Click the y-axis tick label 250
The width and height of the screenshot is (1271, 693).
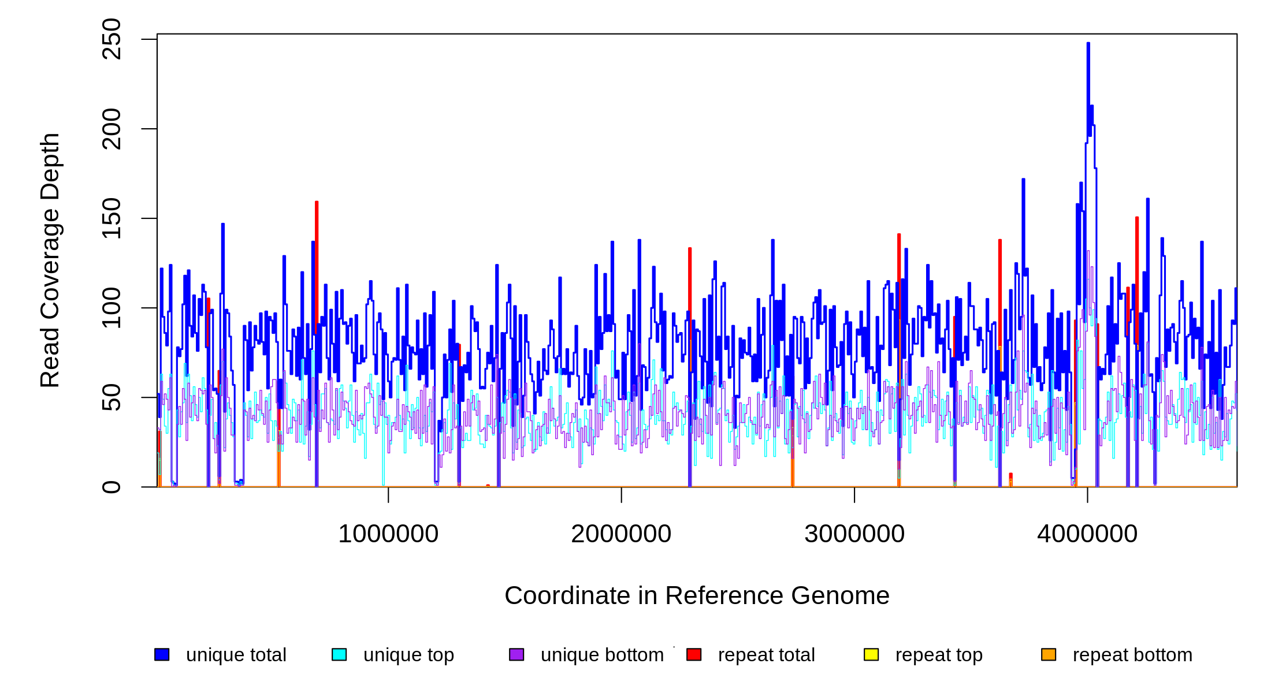[111, 39]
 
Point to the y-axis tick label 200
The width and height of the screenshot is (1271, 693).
[111, 129]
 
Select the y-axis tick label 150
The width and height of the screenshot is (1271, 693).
[111, 218]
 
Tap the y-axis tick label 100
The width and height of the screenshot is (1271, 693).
[111, 308]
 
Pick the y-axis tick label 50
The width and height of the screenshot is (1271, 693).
[111, 397]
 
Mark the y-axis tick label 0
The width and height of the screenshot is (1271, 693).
[111, 487]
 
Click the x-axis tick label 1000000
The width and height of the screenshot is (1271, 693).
[388, 534]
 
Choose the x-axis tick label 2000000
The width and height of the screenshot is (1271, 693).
[621, 534]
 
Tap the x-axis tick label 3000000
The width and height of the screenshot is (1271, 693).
[854, 534]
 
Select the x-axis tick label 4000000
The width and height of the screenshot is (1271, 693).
[1087, 534]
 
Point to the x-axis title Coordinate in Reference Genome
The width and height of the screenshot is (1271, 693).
[697, 595]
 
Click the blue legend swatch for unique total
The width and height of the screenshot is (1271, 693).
[162, 654]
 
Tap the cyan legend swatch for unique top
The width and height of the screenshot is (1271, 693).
[339, 654]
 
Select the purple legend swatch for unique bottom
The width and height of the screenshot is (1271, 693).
[516, 654]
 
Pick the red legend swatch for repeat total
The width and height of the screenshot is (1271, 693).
[694, 654]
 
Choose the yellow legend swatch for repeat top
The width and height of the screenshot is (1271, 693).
[871, 654]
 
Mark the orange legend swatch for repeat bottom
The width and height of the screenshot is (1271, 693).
[1049, 654]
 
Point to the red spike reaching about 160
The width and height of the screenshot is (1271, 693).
[317, 204]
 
